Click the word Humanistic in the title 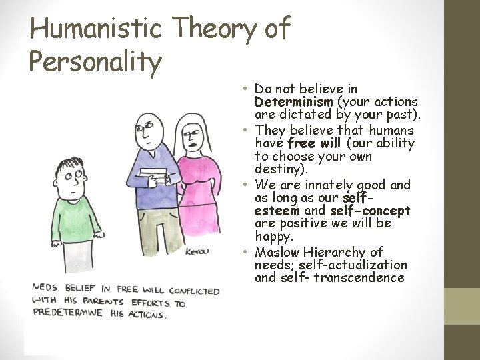[x=97, y=28]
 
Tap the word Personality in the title [x=95, y=61]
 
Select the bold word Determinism [x=293, y=102]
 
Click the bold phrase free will [x=315, y=143]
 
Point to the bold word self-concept [x=370, y=211]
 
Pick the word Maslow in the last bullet [x=277, y=252]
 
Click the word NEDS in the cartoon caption [x=43, y=288]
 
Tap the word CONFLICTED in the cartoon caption [x=194, y=291]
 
